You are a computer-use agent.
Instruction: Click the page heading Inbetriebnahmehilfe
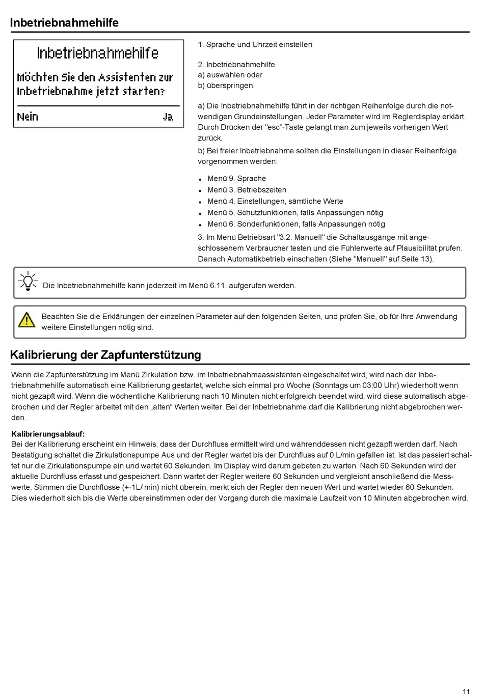64,23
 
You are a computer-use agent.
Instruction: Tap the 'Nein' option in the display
28,117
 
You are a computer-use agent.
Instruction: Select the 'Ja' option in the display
168,117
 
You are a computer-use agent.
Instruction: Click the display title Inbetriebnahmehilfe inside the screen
98,53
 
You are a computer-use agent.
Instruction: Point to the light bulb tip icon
28,281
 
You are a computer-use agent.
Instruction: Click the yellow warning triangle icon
26,320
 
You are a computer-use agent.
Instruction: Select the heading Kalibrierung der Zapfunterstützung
105,355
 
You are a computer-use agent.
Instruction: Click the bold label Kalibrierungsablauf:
48,434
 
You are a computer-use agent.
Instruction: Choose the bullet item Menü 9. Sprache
236,179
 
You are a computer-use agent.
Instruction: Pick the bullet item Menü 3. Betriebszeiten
247,190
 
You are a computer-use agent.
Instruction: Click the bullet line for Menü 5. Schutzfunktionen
295,213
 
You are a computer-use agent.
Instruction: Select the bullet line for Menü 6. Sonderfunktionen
296,224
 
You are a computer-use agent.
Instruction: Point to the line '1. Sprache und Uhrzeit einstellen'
255,45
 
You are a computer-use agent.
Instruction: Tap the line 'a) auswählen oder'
230,75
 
